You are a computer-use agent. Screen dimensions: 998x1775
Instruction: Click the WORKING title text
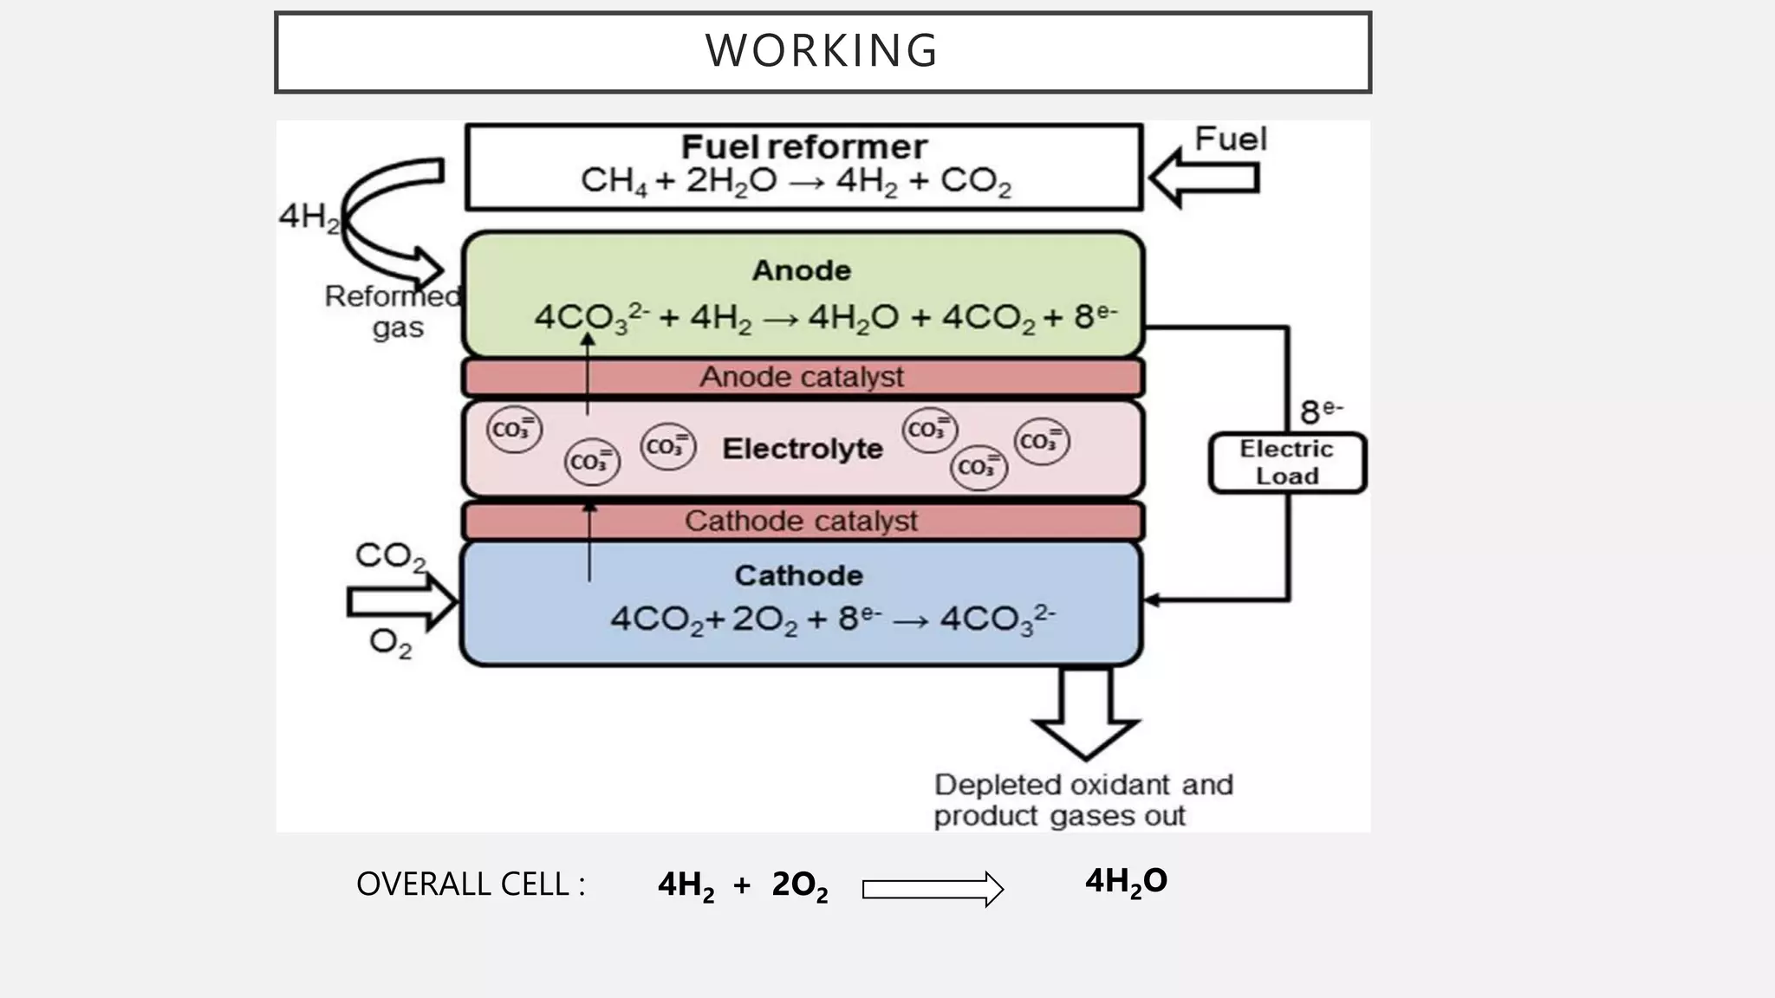coord(821,51)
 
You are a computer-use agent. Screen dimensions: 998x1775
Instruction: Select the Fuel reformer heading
coord(803,147)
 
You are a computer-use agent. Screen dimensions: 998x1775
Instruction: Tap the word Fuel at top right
coord(1230,139)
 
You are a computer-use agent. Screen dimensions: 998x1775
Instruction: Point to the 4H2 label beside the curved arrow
coord(308,217)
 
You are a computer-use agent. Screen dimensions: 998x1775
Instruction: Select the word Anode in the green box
coord(801,270)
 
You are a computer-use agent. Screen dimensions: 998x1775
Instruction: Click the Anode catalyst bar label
coord(801,378)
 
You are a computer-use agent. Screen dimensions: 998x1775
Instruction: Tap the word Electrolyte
coord(802,449)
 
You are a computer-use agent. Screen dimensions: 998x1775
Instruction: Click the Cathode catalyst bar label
coord(801,522)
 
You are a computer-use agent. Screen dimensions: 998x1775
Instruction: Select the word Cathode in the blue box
coord(798,576)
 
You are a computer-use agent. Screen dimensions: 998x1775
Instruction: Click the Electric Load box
coord(1286,463)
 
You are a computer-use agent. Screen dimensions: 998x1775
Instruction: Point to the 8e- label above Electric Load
coord(1320,412)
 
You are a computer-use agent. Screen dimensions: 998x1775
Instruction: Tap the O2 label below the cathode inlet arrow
coord(390,644)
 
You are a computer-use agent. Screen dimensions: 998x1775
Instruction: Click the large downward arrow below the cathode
coord(1085,715)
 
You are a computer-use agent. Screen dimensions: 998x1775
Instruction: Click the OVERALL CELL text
coord(471,885)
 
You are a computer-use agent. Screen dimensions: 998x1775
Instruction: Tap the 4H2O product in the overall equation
coord(1126,882)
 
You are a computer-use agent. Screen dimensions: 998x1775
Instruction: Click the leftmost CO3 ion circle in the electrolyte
coord(514,430)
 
